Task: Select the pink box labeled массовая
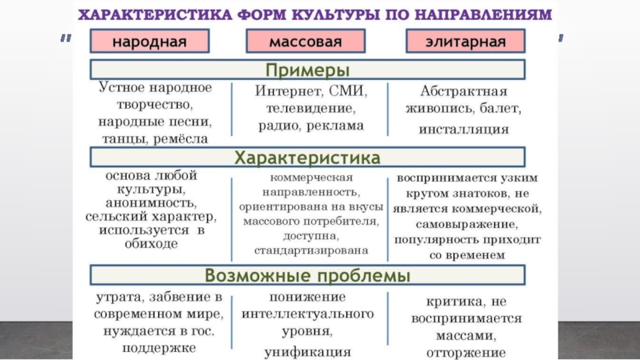pos(306,41)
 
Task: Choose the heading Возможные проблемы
pos(307,276)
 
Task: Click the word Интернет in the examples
pos(285,90)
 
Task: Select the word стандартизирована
pos(307,250)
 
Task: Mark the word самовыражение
pos(466,223)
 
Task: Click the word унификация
pos(308,351)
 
